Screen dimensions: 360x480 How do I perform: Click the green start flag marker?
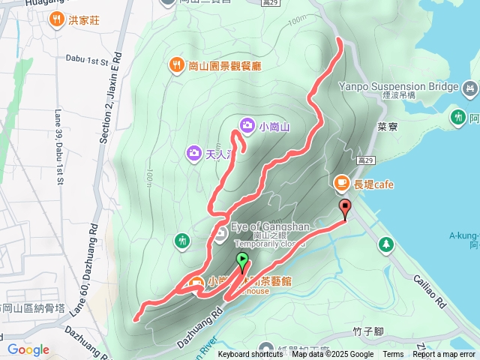click(243, 262)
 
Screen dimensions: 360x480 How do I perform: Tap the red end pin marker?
click(345, 208)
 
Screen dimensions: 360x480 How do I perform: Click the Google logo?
click(28, 349)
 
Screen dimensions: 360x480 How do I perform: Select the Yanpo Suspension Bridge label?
click(397, 87)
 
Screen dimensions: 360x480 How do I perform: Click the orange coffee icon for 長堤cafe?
click(341, 182)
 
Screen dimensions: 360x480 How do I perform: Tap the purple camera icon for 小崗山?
click(247, 124)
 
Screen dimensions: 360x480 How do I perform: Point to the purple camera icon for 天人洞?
click(193, 154)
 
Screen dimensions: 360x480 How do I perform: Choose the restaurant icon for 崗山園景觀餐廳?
click(175, 64)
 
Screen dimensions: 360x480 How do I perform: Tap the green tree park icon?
click(385, 244)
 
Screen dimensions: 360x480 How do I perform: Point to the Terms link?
click(393, 355)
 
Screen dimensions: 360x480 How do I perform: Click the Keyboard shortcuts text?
click(250, 355)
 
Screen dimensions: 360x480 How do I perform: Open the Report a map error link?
click(443, 355)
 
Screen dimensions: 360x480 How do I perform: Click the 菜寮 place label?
click(387, 127)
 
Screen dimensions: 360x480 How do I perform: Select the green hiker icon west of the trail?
click(182, 241)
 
